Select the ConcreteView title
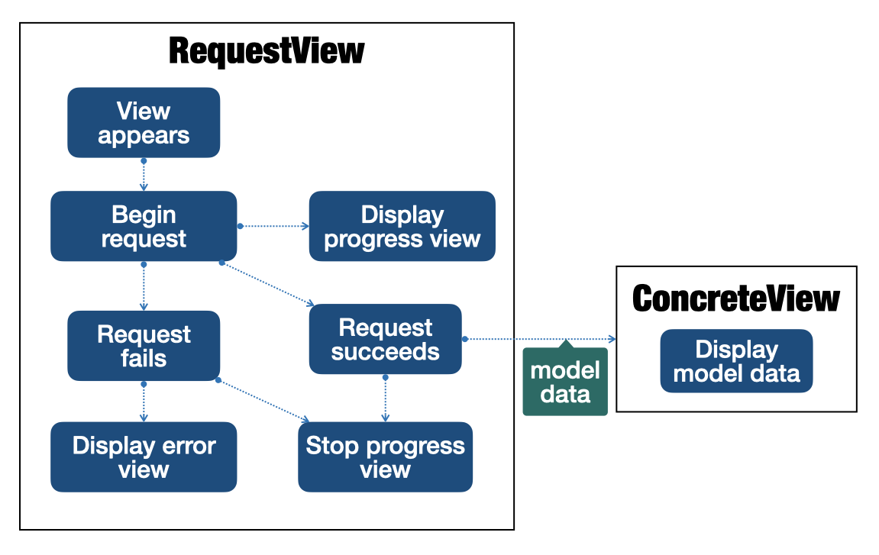coord(736,298)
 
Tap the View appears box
coord(144,123)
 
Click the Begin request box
coord(144,226)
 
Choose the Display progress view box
coord(402,226)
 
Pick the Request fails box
coord(144,346)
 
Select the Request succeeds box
coord(385,339)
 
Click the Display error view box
coord(144,457)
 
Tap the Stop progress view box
coord(385,457)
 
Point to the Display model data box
coord(736,361)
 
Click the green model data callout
coord(565,382)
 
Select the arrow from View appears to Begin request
coord(144,176)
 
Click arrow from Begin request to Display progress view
coord(273,226)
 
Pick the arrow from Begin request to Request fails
coord(144,286)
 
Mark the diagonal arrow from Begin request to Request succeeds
coord(267,284)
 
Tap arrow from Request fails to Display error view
coord(144,402)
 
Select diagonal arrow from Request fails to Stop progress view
coord(263,401)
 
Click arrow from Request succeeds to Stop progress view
coord(385,399)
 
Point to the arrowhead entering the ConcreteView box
coord(612,339)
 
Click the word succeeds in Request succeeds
coord(385,352)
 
